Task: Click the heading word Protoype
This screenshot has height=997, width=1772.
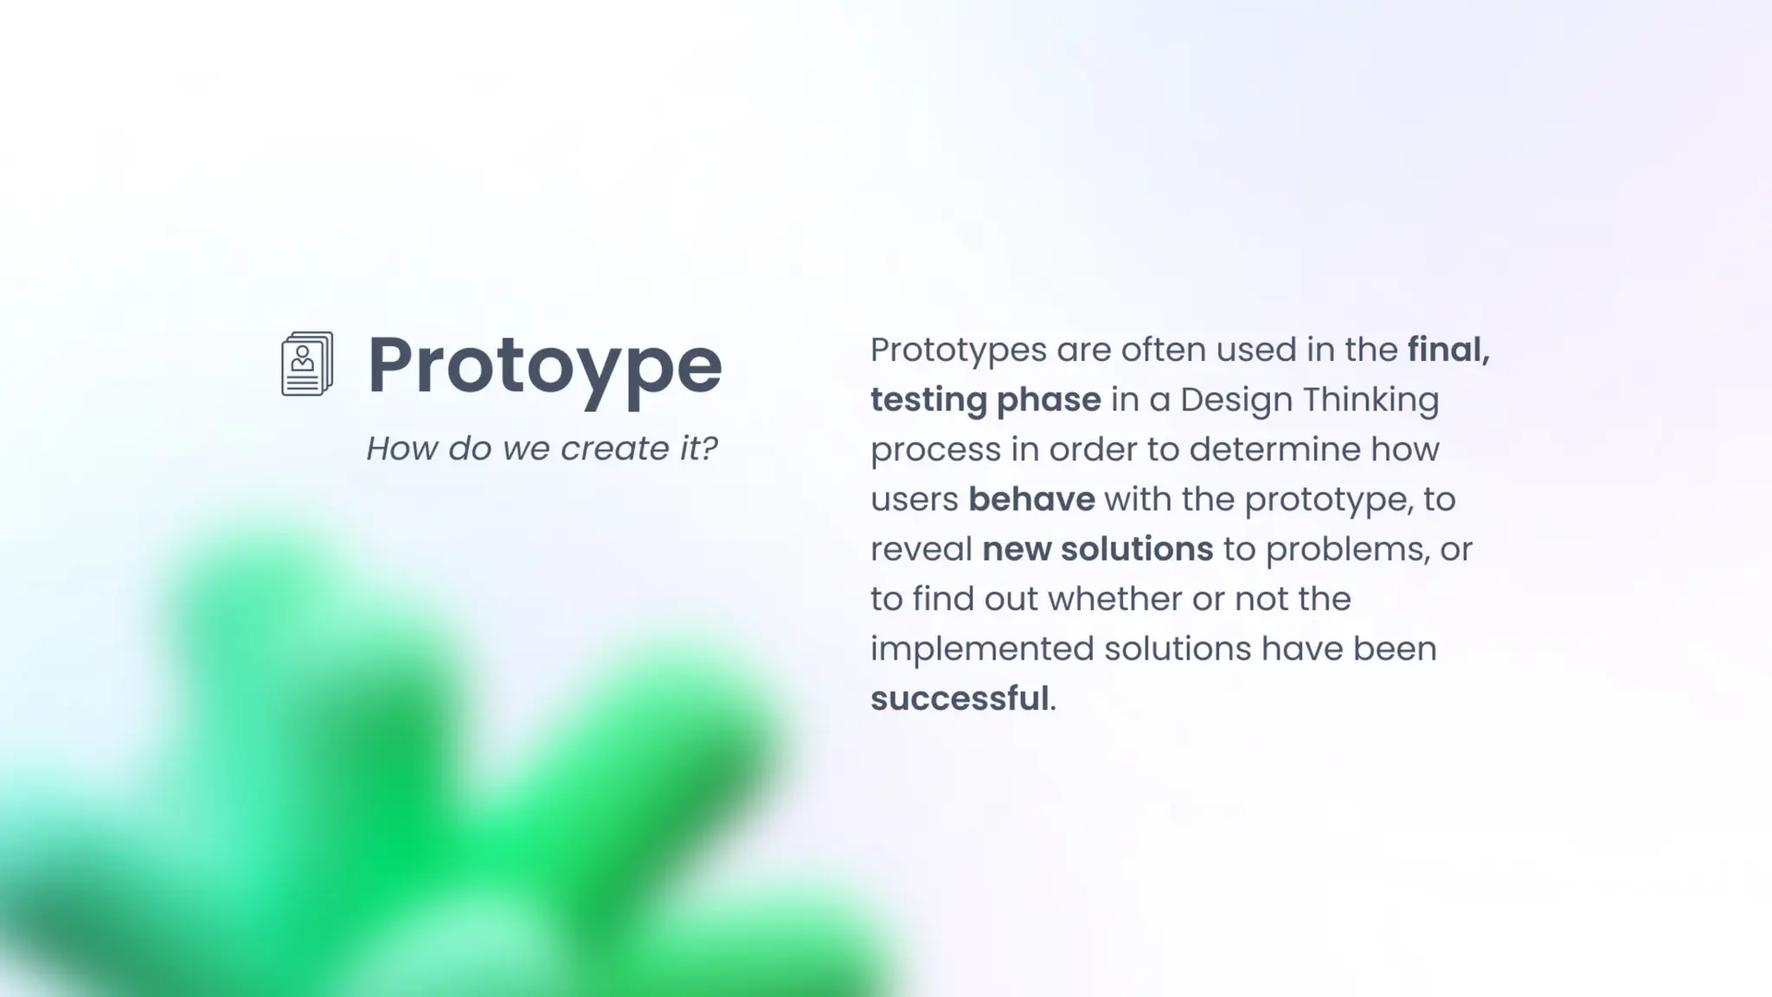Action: tap(544, 366)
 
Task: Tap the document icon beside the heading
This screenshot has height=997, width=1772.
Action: tap(307, 364)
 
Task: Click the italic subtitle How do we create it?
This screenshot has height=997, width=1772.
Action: tap(542, 448)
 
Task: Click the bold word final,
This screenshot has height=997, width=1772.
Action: tap(1448, 351)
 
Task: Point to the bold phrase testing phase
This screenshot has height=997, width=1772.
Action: tap(985, 400)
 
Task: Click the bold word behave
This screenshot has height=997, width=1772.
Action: tap(1030, 499)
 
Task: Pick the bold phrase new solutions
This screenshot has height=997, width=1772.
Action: tap(1097, 549)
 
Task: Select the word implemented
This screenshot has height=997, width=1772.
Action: tap(982, 649)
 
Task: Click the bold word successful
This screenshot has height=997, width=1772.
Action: tap(959, 698)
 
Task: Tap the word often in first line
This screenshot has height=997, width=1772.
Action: tap(1164, 351)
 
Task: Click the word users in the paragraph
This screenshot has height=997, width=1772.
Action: tap(914, 500)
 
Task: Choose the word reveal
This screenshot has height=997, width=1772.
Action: tap(921, 550)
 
